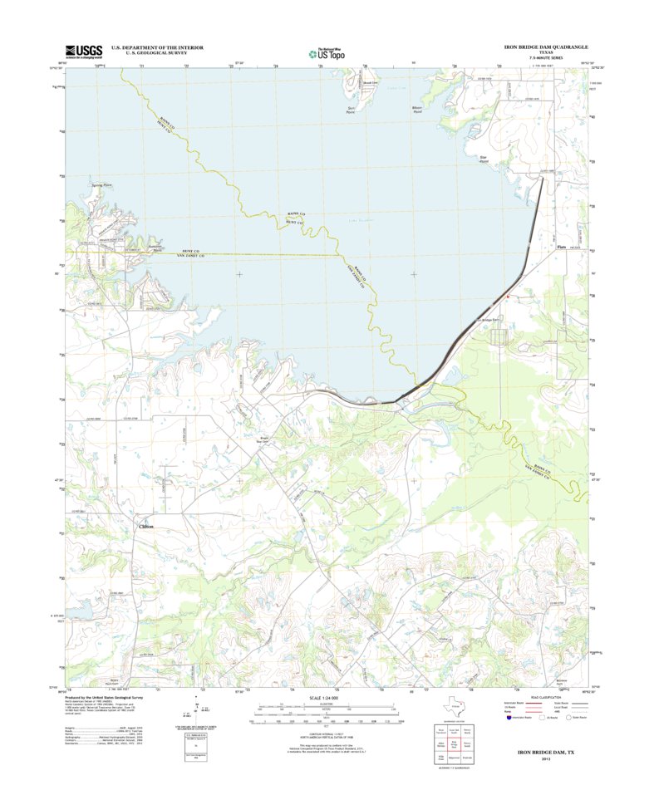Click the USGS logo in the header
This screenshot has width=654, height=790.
point(79,51)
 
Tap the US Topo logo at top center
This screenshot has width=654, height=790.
point(327,53)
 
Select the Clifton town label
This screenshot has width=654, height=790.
point(146,527)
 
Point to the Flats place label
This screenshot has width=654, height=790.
point(560,247)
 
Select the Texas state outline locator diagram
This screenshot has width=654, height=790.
point(452,704)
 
